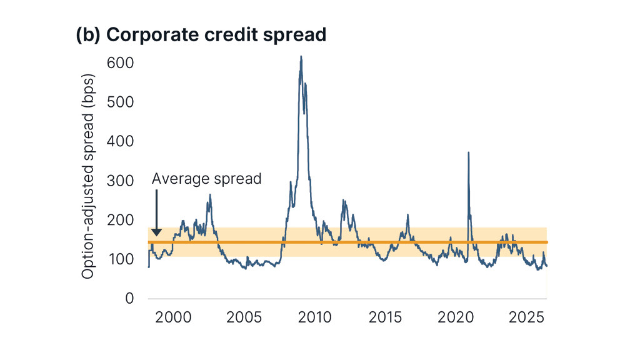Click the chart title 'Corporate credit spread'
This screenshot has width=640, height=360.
216,35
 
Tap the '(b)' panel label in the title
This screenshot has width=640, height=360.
88,35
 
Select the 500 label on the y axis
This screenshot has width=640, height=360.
121,102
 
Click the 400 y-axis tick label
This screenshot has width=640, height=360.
121,141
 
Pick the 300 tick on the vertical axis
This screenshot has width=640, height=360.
121,181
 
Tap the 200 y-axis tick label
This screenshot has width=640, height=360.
121,220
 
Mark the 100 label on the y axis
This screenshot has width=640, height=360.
121,259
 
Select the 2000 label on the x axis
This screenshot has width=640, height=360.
173,317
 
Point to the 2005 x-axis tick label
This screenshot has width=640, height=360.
244,317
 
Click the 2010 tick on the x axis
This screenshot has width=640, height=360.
314,317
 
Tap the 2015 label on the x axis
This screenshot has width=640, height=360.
385,317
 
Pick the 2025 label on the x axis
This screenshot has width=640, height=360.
526,317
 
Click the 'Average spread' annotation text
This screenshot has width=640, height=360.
206,179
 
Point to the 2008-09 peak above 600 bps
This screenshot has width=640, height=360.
301,57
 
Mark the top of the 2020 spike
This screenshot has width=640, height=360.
468,152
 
